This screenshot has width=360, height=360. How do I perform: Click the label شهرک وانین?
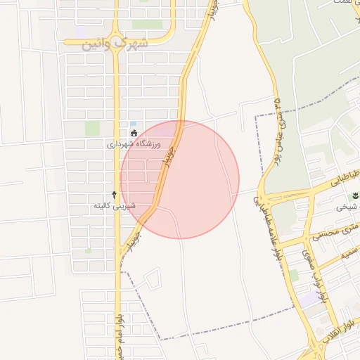pyautogui.click(x=117, y=43)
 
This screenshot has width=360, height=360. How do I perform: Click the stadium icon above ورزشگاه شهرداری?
pyautogui.click(x=134, y=132)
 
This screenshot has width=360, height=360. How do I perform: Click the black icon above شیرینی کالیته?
pyautogui.click(x=115, y=193)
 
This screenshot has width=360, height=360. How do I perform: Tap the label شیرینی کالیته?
pyautogui.click(x=115, y=206)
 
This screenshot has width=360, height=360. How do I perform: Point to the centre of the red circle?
pyautogui.click(x=180, y=179)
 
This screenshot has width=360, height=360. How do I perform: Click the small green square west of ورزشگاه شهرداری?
pyautogui.click(x=92, y=129)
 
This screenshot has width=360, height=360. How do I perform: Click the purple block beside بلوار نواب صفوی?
pyautogui.click(x=310, y=299)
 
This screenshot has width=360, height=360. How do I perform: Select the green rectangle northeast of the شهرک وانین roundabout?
pyautogui.click(x=147, y=25)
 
